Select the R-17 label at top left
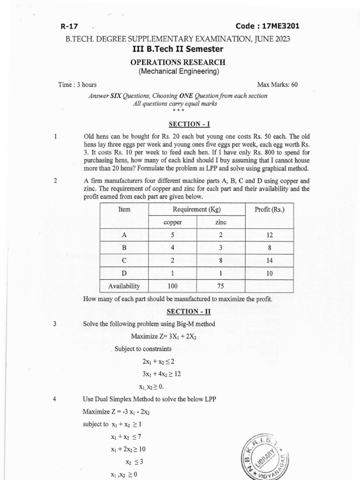pyautogui.click(x=69, y=27)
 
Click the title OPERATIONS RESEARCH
pyautogui.click(x=178, y=62)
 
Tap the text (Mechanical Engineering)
pyautogui.click(x=178, y=71)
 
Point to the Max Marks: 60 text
pyautogui.click(x=277, y=85)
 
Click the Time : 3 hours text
pyautogui.click(x=77, y=85)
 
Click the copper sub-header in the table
pyautogui.click(x=172, y=223)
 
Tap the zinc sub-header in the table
pyautogui.click(x=220, y=223)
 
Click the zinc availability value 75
pyautogui.click(x=220, y=285)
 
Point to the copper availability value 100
pyautogui.click(x=172, y=285)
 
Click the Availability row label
pyautogui.click(x=124, y=285)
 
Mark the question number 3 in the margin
pyautogui.click(x=55, y=324)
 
